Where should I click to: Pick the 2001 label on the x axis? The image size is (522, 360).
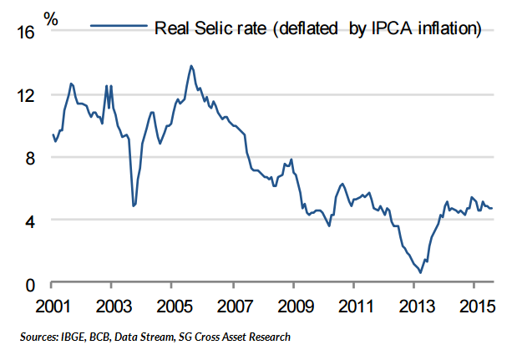pyautogui.click(x=52, y=306)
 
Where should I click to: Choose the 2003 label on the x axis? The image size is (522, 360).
pyautogui.click(x=112, y=306)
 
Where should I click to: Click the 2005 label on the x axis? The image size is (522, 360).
pyautogui.click(x=172, y=306)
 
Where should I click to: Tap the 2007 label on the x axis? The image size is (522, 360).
pyautogui.click(x=233, y=306)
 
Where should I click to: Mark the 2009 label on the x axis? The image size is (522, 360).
pyautogui.click(x=294, y=306)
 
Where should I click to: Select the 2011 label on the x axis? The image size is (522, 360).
pyautogui.click(x=355, y=306)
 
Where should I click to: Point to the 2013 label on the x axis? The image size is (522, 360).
pyautogui.click(x=415, y=306)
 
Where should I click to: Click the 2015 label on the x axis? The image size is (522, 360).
pyautogui.click(x=475, y=306)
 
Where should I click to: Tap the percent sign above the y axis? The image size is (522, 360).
pyautogui.click(x=51, y=18)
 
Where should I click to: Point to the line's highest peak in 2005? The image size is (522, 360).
pyautogui.click(x=191, y=65)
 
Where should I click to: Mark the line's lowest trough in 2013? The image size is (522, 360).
pyautogui.click(x=421, y=272)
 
